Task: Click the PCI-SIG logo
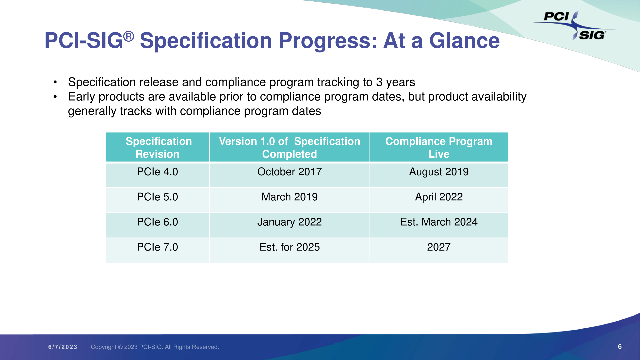click(x=575, y=26)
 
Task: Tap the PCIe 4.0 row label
click(x=157, y=172)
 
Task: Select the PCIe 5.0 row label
click(x=157, y=197)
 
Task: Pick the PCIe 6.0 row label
click(x=157, y=222)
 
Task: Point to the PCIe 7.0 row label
click(x=157, y=247)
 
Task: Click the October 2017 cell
click(x=289, y=172)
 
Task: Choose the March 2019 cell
click(x=289, y=197)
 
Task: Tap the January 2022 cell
click(x=289, y=222)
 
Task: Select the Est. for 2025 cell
click(x=289, y=247)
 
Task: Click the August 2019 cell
click(x=439, y=172)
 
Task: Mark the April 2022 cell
click(x=439, y=197)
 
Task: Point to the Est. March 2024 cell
click(x=439, y=222)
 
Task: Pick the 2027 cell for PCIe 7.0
click(x=439, y=247)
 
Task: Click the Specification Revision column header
click(x=158, y=147)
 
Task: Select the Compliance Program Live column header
click(x=439, y=147)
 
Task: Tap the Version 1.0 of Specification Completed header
click(x=289, y=147)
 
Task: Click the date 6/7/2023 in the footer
click(x=63, y=347)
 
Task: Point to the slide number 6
click(x=620, y=347)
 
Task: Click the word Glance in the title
click(x=464, y=41)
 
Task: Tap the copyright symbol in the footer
click(x=120, y=347)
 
